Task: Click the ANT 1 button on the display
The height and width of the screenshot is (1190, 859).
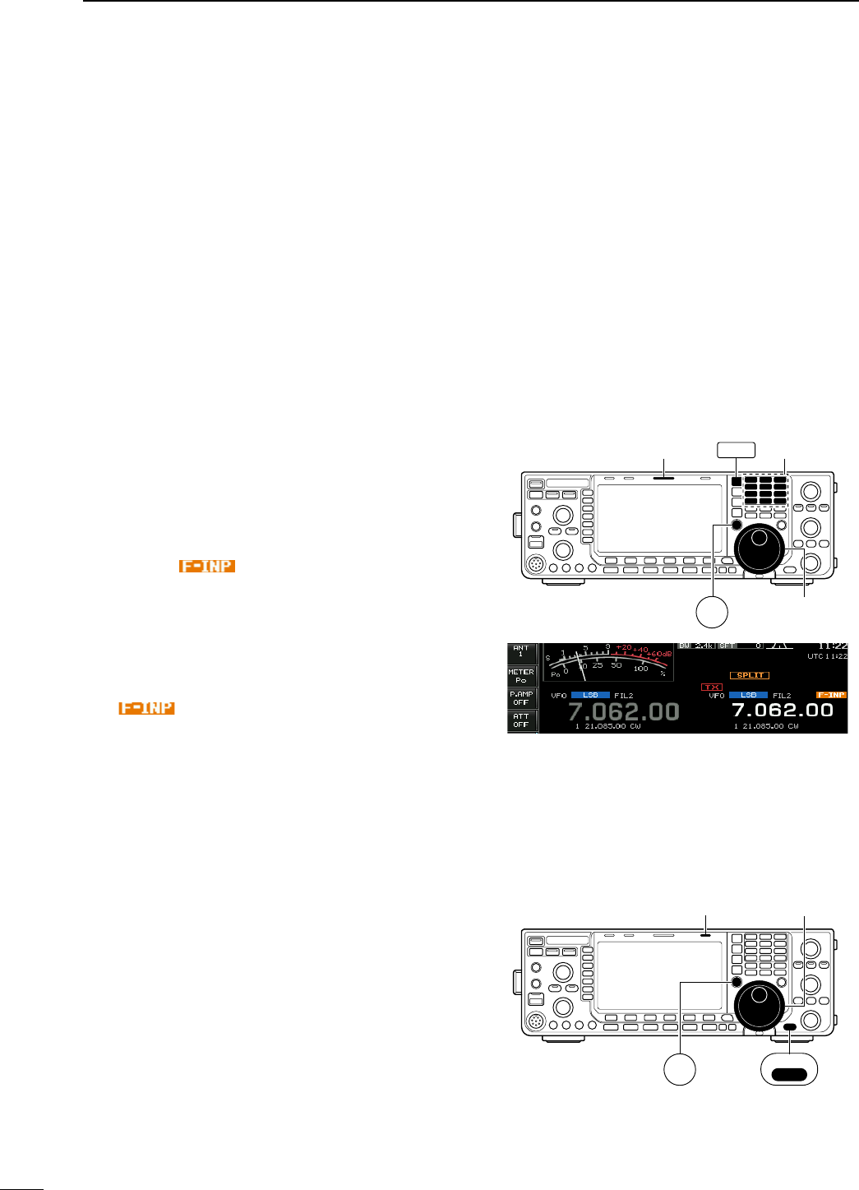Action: point(521,652)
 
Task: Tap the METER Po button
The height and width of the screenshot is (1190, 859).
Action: point(521,676)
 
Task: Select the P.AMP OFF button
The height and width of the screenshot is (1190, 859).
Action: point(521,698)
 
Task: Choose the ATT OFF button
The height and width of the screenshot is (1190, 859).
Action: point(521,720)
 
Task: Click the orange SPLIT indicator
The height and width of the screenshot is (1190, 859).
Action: point(750,675)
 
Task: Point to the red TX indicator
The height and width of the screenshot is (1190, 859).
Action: point(711,687)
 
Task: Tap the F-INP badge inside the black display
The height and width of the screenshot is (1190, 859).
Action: point(831,695)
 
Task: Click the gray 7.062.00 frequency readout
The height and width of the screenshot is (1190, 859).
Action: point(624,711)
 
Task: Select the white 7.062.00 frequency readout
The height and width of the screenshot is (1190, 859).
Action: point(783,710)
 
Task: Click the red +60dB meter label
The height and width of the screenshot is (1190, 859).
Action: point(659,654)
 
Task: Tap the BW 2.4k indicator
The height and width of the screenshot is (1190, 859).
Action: point(695,646)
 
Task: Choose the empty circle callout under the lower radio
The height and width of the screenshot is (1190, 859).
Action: point(680,1070)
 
